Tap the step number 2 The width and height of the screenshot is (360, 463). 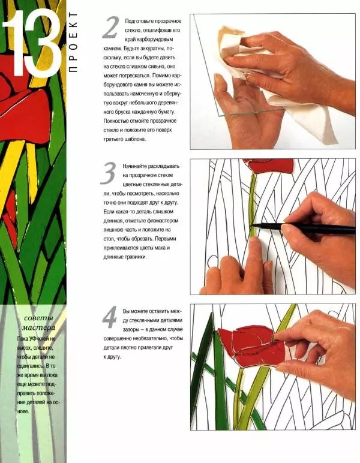pos(111,28)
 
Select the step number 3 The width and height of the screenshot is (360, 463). pos(108,173)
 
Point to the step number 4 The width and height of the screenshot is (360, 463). pos(110,317)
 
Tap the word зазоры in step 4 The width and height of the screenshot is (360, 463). pos(130,329)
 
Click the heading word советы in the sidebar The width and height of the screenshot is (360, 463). pos(38,318)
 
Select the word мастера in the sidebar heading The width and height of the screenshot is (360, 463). pos(38,328)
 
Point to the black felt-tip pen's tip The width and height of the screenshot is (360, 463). pos(251,226)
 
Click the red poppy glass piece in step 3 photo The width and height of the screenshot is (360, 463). pos(270,166)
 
